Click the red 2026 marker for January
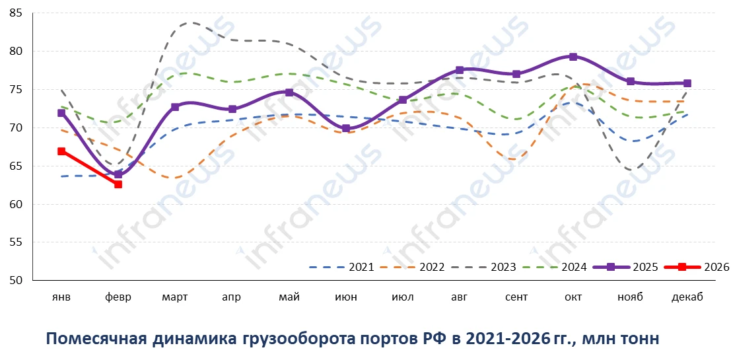pyautogui.click(x=61, y=151)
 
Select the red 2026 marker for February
pyautogui.click(x=118, y=184)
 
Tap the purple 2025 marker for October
pyautogui.click(x=573, y=57)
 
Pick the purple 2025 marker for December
pyautogui.click(x=687, y=83)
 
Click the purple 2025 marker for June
pyautogui.click(x=346, y=129)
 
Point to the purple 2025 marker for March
pyautogui.click(x=175, y=107)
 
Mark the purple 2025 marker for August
pyautogui.click(x=460, y=70)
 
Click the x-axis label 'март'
pyautogui.click(x=175, y=297)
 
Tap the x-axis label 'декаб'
pyautogui.click(x=687, y=297)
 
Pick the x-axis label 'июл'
pyautogui.click(x=402, y=297)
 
